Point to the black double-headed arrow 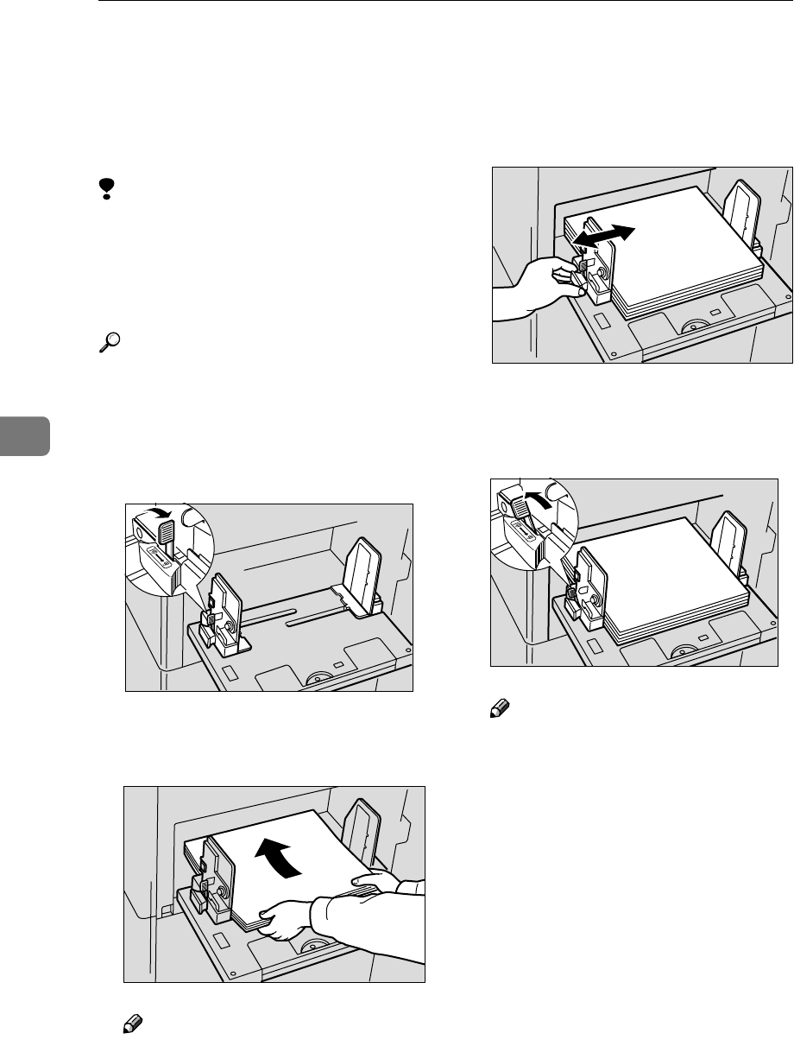pos(605,234)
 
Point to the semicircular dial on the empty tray pos(318,679)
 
